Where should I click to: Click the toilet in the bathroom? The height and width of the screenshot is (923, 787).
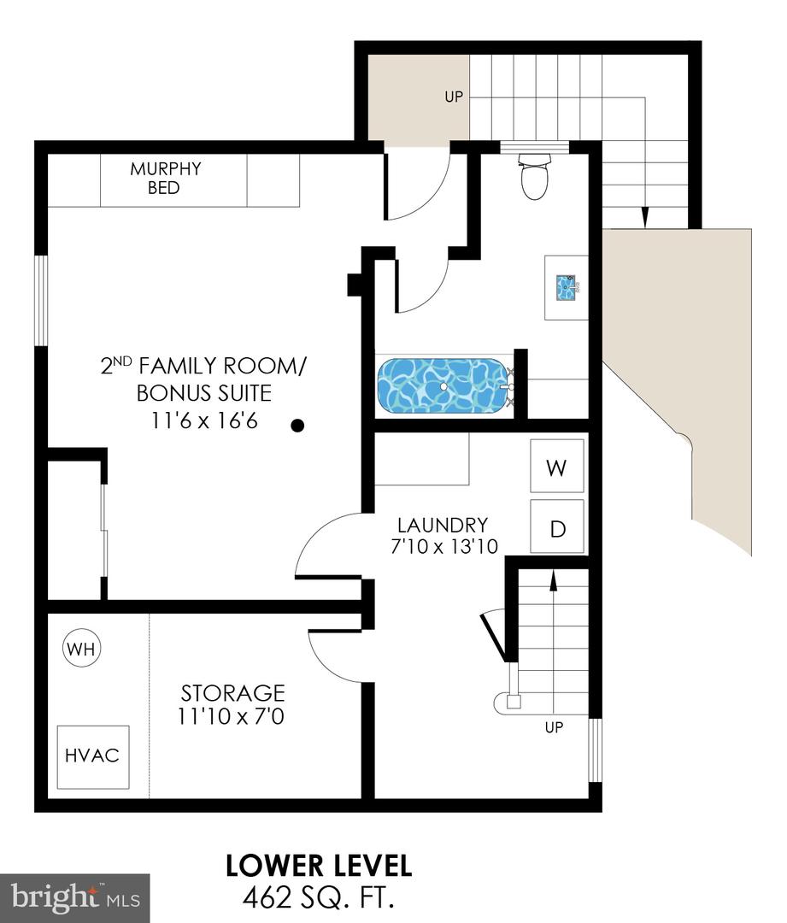pos(534,177)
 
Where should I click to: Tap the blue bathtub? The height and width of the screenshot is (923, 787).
pos(443,386)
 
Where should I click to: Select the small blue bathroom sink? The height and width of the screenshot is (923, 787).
pos(567,287)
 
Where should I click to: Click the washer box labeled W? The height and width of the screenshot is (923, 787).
pos(557,467)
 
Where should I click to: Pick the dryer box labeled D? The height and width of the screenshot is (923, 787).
pos(557,528)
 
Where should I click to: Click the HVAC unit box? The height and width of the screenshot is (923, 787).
pos(92,756)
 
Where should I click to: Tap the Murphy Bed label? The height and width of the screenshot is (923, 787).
pos(166,178)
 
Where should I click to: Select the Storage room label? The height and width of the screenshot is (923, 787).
pos(232,692)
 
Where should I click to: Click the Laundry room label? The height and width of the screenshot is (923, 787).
pos(442,525)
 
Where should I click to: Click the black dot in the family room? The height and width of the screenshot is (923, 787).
pos(297,425)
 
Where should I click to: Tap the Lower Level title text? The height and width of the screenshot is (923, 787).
pos(319,865)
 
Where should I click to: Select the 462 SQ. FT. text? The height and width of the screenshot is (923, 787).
pos(319,898)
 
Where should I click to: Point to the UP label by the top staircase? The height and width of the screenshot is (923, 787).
pos(453,97)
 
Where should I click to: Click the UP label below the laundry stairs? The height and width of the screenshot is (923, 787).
pos(554,728)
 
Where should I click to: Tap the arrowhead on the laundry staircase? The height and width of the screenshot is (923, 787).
pos(553,581)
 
